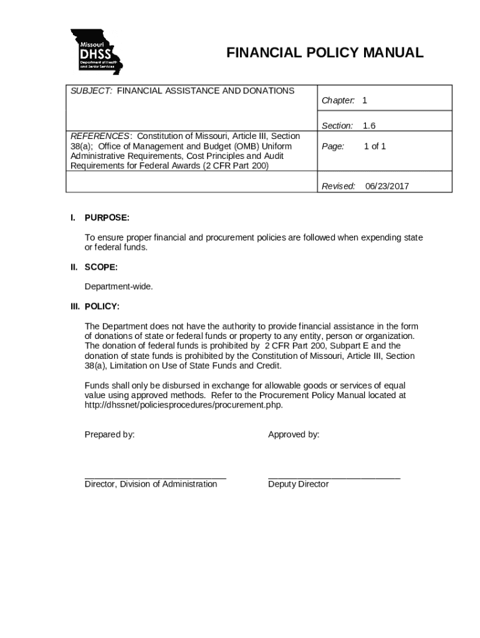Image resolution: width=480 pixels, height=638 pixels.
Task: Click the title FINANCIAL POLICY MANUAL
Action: click(324, 53)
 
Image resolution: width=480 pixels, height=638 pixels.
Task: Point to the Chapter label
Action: click(338, 100)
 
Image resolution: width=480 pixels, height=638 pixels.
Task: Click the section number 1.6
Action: click(369, 126)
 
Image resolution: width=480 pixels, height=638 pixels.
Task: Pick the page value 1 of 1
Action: click(375, 146)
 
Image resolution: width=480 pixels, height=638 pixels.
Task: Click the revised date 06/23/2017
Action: click(387, 186)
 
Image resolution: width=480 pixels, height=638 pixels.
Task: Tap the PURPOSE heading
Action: click(107, 217)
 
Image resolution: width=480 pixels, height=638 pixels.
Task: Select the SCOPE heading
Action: click(101, 267)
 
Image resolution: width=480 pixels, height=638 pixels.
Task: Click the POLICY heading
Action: click(102, 307)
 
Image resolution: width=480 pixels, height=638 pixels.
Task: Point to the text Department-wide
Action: click(118, 287)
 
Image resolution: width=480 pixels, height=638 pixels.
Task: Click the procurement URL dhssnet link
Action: click(183, 405)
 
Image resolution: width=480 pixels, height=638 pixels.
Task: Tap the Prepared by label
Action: click(110, 435)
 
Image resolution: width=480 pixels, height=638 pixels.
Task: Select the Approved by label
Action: click(294, 435)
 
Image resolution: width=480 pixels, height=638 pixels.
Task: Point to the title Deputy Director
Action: click(298, 485)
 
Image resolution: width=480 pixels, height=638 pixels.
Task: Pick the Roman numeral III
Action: click(75, 307)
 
